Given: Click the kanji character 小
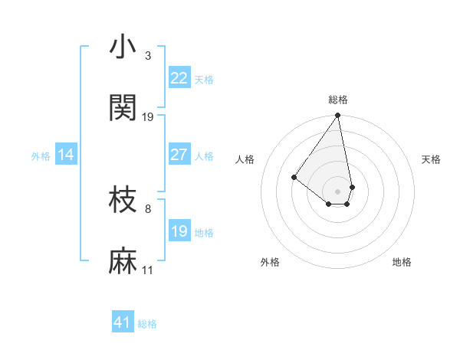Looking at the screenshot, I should coord(123,48).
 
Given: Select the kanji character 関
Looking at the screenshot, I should coord(123,108).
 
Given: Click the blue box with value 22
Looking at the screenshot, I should coord(179,77).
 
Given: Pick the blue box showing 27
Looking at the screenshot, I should coord(179,154).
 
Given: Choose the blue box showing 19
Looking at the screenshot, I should coord(179,231).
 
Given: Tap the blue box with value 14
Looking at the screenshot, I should coord(66,155).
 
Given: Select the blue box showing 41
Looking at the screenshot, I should coord(123,322).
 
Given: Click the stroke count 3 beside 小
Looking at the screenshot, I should coord(148,56).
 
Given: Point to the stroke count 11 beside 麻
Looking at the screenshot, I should coord(148,270).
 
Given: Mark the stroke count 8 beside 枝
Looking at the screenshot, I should coord(148,208).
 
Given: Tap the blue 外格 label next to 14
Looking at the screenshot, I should coord(41,156).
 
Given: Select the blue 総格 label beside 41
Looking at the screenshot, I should coord(147,325).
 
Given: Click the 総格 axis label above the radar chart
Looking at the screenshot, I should coord(338,100).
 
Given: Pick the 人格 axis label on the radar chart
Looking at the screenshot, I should coord(245,159).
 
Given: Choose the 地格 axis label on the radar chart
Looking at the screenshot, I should coord(402,263).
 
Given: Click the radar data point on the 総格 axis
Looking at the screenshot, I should coord(338,116).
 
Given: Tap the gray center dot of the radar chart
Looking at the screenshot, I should coord(338,191).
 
